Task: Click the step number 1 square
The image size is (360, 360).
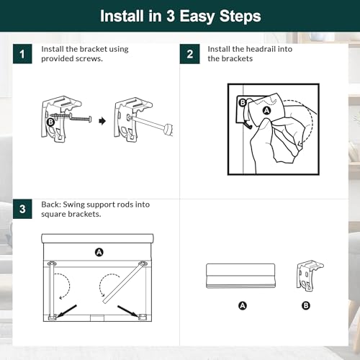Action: pyautogui.click(x=22, y=54)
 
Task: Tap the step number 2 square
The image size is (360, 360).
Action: pyautogui.click(x=189, y=54)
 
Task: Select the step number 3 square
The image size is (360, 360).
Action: pyautogui.click(x=22, y=209)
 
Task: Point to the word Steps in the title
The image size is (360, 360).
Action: pyautogui.click(x=240, y=17)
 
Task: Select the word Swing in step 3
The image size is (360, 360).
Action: pyautogui.click(x=73, y=204)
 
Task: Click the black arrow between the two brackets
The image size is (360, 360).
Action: pyautogui.click(x=102, y=121)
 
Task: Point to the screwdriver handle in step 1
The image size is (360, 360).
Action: pyautogui.click(x=168, y=130)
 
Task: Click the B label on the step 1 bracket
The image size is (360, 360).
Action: pyautogui.click(x=50, y=122)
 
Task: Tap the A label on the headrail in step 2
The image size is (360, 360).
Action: pyautogui.click(x=266, y=111)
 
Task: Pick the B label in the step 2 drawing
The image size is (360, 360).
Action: pyautogui.click(x=243, y=103)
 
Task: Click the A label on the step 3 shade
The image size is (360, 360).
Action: pyautogui.click(x=99, y=252)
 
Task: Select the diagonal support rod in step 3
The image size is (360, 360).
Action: pyautogui.click(x=125, y=282)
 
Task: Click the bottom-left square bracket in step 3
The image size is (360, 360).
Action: pyautogui.click(x=53, y=318)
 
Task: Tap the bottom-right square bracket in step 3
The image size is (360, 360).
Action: pyautogui.click(x=143, y=318)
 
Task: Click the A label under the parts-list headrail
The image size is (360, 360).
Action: pyautogui.click(x=243, y=305)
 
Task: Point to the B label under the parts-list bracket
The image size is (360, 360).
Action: pyautogui.click(x=306, y=305)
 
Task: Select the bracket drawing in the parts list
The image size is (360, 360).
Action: pyautogui.click(x=310, y=276)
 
